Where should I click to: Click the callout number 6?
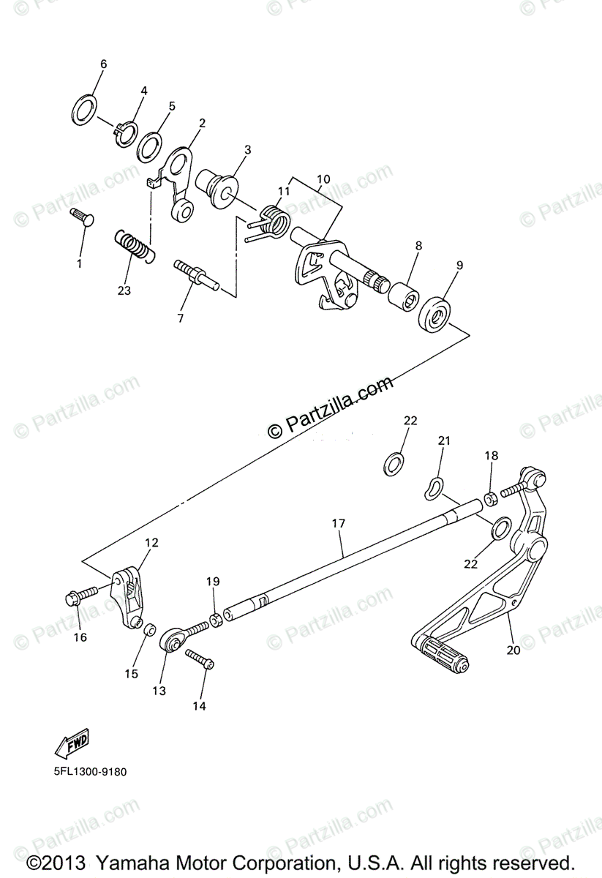point(103,64)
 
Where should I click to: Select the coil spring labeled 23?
point(135,245)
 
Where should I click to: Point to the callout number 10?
point(323,179)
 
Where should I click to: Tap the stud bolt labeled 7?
point(193,274)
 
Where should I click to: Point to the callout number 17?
point(338,524)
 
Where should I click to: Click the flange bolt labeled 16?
point(77,597)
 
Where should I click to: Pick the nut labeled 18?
point(492,498)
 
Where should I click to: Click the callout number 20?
point(513,650)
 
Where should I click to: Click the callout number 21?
point(445,440)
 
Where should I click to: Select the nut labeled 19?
point(217,620)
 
